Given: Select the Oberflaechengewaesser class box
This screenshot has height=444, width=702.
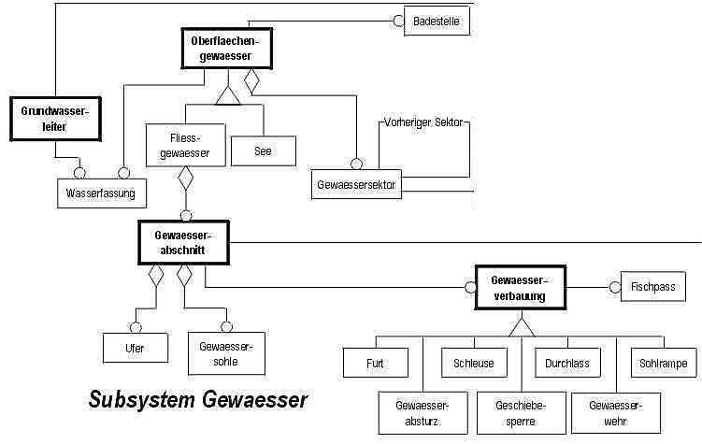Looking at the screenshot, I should [x=224, y=48].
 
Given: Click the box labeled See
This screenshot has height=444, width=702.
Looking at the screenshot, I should [x=262, y=150].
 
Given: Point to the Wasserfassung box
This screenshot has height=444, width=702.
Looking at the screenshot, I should [x=100, y=193].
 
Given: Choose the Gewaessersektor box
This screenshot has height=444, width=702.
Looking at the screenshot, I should [x=357, y=184].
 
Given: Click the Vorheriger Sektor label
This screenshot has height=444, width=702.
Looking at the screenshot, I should [x=424, y=122].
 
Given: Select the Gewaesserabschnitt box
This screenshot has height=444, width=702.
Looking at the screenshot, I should [x=184, y=243].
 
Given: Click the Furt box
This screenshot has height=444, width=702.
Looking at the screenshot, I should [x=375, y=363].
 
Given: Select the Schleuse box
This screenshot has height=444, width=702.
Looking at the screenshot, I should [x=474, y=363].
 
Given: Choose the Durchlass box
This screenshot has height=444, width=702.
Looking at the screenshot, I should [x=567, y=363].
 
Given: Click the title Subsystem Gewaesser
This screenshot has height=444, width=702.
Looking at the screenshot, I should [x=198, y=400].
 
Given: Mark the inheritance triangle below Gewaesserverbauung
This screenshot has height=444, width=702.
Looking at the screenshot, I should [x=520, y=326].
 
